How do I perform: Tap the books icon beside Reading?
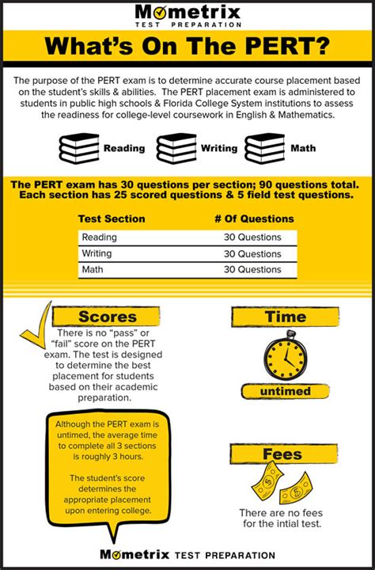coord(80,148)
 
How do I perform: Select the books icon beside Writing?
coord(176,148)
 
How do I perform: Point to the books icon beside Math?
coord(264,148)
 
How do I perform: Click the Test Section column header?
coord(112,218)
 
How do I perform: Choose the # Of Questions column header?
coord(254,218)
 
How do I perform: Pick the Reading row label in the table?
coord(100,237)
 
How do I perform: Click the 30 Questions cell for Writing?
coord(252,253)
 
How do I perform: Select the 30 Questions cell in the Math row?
coord(252,270)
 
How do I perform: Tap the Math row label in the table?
coord(93,270)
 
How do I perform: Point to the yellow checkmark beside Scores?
coord(36,325)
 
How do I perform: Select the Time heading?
coord(286,317)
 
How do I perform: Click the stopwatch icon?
coord(284,357)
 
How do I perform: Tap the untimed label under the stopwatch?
coord(284,391)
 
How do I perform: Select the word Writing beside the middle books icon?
coord(218,148)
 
